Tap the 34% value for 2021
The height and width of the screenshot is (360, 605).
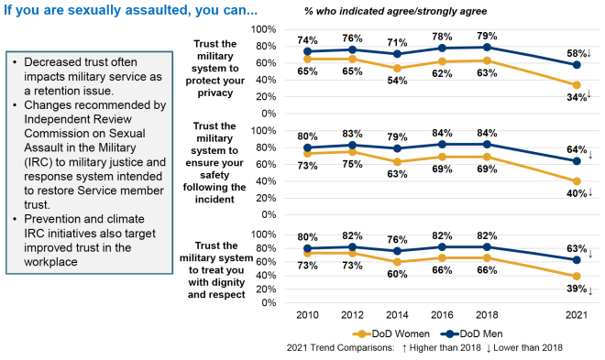click(574, 97)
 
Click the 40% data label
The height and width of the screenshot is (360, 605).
click(574, 193)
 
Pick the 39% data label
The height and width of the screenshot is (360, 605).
click(574, 289)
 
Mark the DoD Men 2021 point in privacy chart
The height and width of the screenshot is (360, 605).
click(575, 65)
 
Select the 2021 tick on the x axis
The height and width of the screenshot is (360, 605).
click(575, 314)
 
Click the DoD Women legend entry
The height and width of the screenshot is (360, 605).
click(393, 333)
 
